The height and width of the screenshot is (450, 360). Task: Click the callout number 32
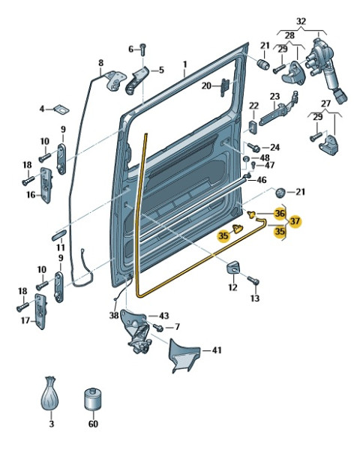tap(301, 21)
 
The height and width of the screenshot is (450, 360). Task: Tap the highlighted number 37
tap(295, 221)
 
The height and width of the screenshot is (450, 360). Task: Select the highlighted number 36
tap(279, 213)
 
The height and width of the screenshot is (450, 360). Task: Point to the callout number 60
tap(93, 424)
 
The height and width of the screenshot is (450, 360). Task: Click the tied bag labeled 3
tap(49, 393)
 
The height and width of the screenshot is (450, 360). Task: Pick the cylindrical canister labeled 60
tap(93, 399)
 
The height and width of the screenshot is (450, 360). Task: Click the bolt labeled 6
tap(143, 49)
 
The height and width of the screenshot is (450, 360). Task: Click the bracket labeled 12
tap(233, 267)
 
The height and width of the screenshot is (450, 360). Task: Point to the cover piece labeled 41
tap(183, 355)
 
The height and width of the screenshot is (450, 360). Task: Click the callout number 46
tap(261, 180)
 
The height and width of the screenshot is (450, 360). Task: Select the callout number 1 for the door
tap(185, 64)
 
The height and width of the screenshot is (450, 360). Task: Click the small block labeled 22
tap(253, 127)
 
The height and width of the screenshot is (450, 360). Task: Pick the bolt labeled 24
tap(253, 147)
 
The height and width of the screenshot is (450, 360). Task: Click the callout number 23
tap(274, 96)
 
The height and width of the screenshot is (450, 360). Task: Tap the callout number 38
tap(114, 316)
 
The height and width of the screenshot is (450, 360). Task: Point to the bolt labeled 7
tap(158, 327)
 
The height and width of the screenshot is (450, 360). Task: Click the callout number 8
tap(100, 63)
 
